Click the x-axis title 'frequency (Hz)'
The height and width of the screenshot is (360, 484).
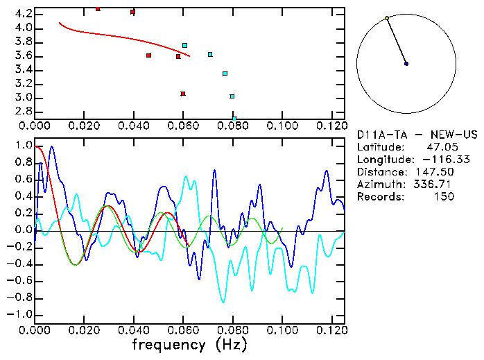pos(189,344)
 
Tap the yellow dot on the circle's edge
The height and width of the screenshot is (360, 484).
pos(387,18)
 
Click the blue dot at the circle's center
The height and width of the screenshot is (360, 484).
pos(406,64)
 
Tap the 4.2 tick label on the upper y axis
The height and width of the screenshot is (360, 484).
pos(22,14)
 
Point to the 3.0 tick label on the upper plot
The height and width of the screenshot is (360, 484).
pos(22,98)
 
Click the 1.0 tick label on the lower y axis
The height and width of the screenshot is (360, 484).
pos(22,146)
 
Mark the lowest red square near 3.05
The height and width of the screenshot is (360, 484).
pos(183,94)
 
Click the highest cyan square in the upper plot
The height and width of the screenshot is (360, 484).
pos(185,46)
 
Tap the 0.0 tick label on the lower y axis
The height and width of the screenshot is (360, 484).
pos(22,230)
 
